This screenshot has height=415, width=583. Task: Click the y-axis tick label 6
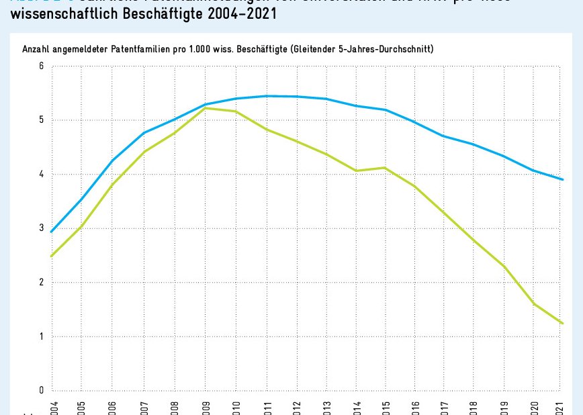(41, 66)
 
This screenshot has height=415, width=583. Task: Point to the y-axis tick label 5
(41, 120)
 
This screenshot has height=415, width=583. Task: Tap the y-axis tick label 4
(41, 175)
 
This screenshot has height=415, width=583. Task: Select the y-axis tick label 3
(41, 228)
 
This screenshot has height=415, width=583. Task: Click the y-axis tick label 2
(41, 283)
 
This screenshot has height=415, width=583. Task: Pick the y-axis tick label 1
(41, 336)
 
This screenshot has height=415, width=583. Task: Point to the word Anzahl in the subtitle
(37, 50)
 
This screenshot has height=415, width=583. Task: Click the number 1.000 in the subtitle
(226, 50)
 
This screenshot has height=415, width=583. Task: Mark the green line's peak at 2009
(205, 108)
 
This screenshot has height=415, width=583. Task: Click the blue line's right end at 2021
(562, 179)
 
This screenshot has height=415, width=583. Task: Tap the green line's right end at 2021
(562, 323)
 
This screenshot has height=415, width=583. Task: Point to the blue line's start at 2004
(51, 232)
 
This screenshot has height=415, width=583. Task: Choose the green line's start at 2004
(51, 256)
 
